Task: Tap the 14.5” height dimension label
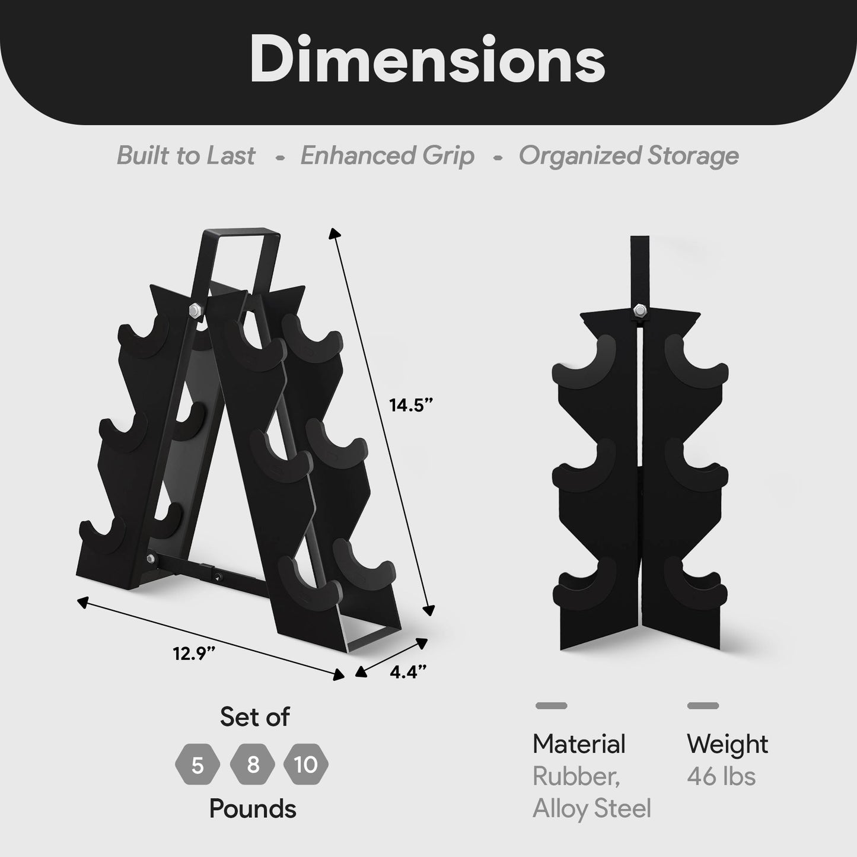coord(411,406)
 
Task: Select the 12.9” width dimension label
coord(193,654)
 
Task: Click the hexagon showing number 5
coord(197,766)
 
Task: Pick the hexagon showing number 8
coord(253,764)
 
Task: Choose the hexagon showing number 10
coord(306,764)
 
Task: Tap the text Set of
coord(254,716)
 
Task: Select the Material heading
coord(579,744)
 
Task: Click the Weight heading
coord(727,744)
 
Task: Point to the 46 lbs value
coord(721,776)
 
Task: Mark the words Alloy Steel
coord(592,808)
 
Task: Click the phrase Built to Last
coord(186,155)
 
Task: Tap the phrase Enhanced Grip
coord(387,155)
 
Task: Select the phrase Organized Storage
coord(629,155)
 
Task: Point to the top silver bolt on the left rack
coord(195,310)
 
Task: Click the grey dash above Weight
coord(703,706)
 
